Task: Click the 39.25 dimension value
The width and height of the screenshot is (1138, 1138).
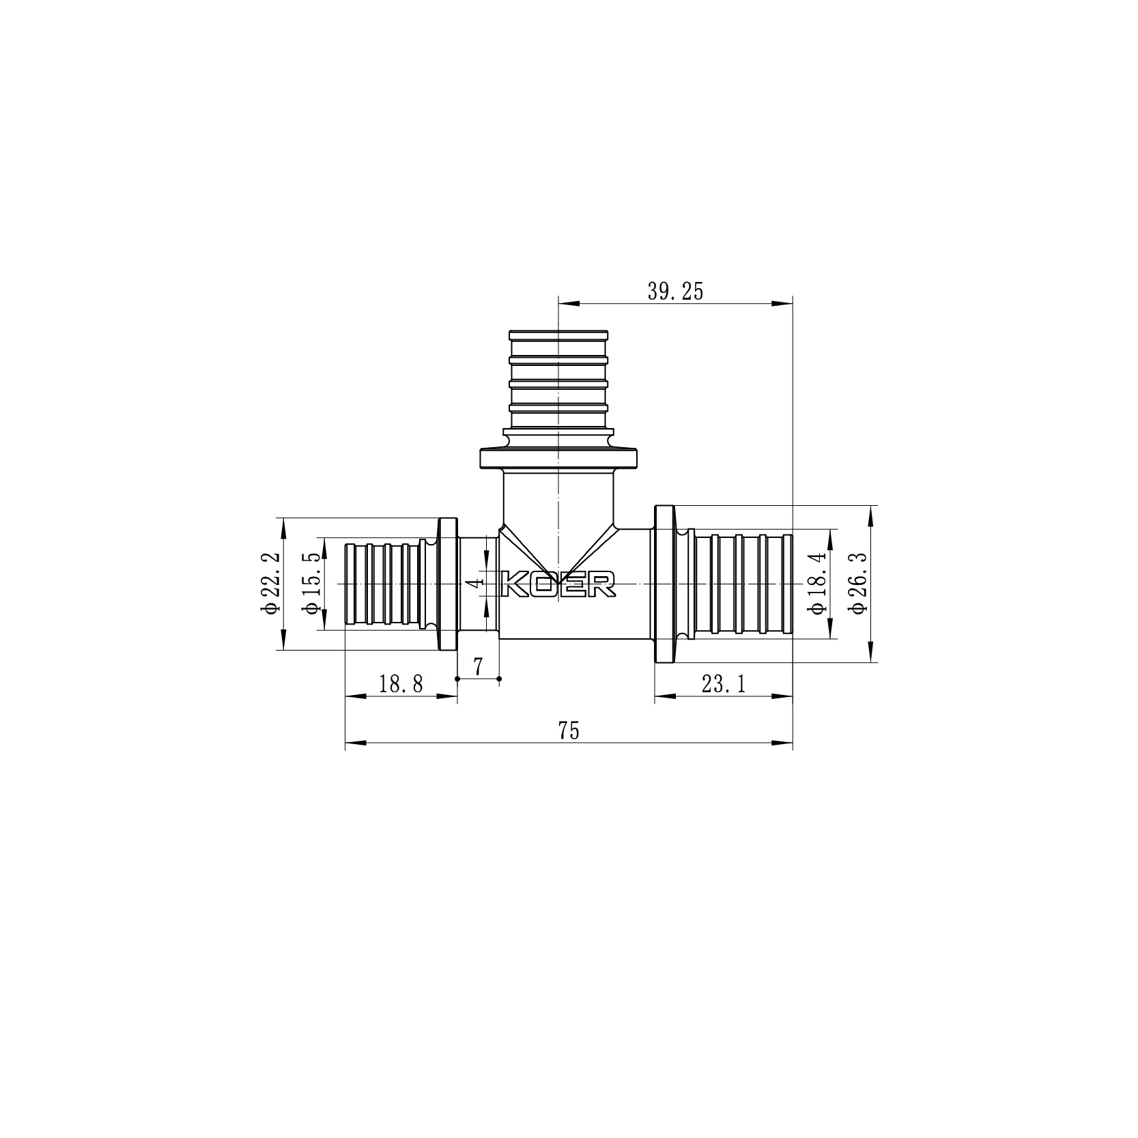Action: [x=674, y=291]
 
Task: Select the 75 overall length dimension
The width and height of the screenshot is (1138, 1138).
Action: [x=569, y=731]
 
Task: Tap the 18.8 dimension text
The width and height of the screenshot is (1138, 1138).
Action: [x=401, y=684]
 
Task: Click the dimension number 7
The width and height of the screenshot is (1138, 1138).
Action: [x=478, y=666]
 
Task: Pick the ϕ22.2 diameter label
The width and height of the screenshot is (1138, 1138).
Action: [x=270, y=584]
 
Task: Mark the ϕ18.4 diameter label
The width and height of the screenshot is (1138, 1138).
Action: [x=818, y=584]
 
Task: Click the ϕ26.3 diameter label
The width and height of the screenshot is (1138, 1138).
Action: [x=859, y=584]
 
